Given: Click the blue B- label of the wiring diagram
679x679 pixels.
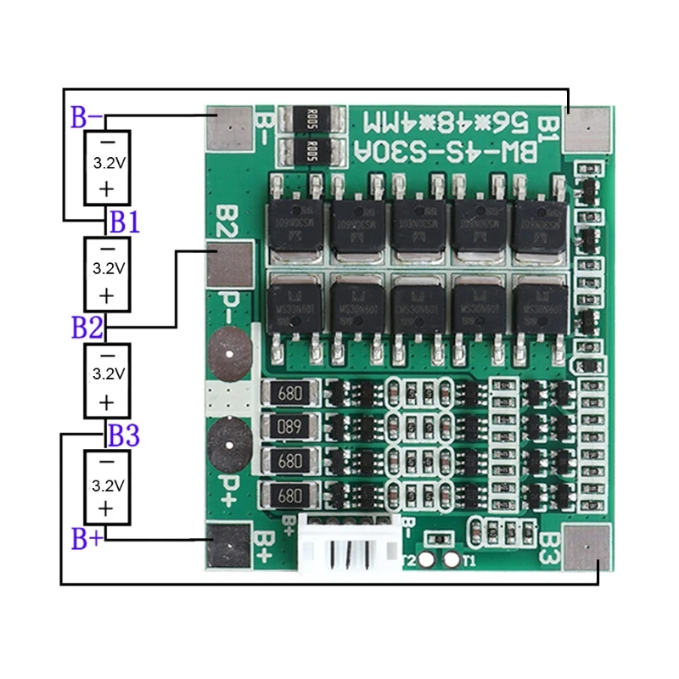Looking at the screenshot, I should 87,117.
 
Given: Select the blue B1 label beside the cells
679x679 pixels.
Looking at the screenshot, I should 123,223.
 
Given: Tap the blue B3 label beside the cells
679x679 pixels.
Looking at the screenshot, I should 123,435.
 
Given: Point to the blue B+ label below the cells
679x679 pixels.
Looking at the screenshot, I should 87,539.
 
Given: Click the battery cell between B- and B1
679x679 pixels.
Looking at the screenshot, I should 107,167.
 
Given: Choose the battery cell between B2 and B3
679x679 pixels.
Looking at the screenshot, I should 107,379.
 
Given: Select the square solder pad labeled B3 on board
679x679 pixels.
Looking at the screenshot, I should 587,548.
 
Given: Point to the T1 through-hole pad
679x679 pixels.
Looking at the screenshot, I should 452,560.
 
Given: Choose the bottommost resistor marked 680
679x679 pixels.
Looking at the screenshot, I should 291,493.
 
